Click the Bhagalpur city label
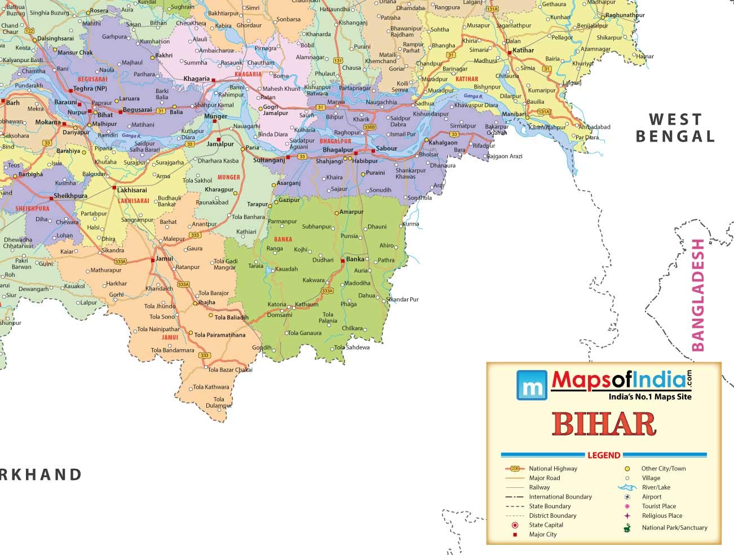(x=338, y=150)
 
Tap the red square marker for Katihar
(x=509, y=52)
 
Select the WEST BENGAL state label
(x=675, y=127)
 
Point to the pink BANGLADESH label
(x=698, y=295)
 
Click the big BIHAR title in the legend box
(x=604, y=424)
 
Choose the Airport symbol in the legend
(x=627, y=497)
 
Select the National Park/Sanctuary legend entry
(x=674, y=528)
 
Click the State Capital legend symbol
(x=515, y=525)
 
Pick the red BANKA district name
(x=283, y=239)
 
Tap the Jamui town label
(x=164, y=259)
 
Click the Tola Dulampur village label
(x=219, y=402)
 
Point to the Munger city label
(x=215, y=116)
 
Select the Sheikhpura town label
(x=70, y=196)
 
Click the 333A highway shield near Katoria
(x=327, y=291)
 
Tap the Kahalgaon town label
(x=443, y=143)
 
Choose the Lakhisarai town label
(x=132, y=190)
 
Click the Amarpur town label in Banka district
(x=351, y=212)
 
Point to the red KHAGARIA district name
(x=247, y=74)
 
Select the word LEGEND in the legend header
(x=603, y=455)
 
